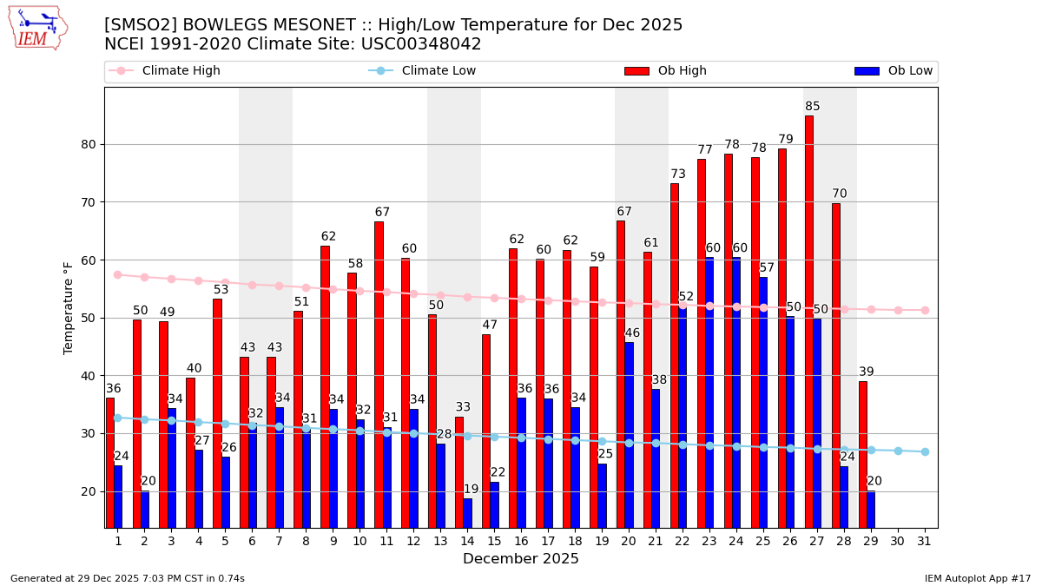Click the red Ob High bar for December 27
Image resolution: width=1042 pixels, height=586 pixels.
(x=809, y=321)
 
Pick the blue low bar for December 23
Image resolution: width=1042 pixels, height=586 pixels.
(x=709, y=392)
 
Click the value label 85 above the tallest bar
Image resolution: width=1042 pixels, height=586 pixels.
(x=813, y=107)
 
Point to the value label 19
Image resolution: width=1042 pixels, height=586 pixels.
(x=472, y=490)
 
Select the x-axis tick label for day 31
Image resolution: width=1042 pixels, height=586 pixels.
(x=925, y=541)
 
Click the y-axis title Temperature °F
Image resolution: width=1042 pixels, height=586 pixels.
(x=69, y=307)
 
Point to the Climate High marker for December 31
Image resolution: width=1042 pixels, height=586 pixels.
(x=925, y=310)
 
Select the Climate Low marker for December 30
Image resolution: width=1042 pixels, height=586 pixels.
(x=898, y=451)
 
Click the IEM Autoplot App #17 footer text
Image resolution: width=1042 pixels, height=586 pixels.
(x=977, y=578)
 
